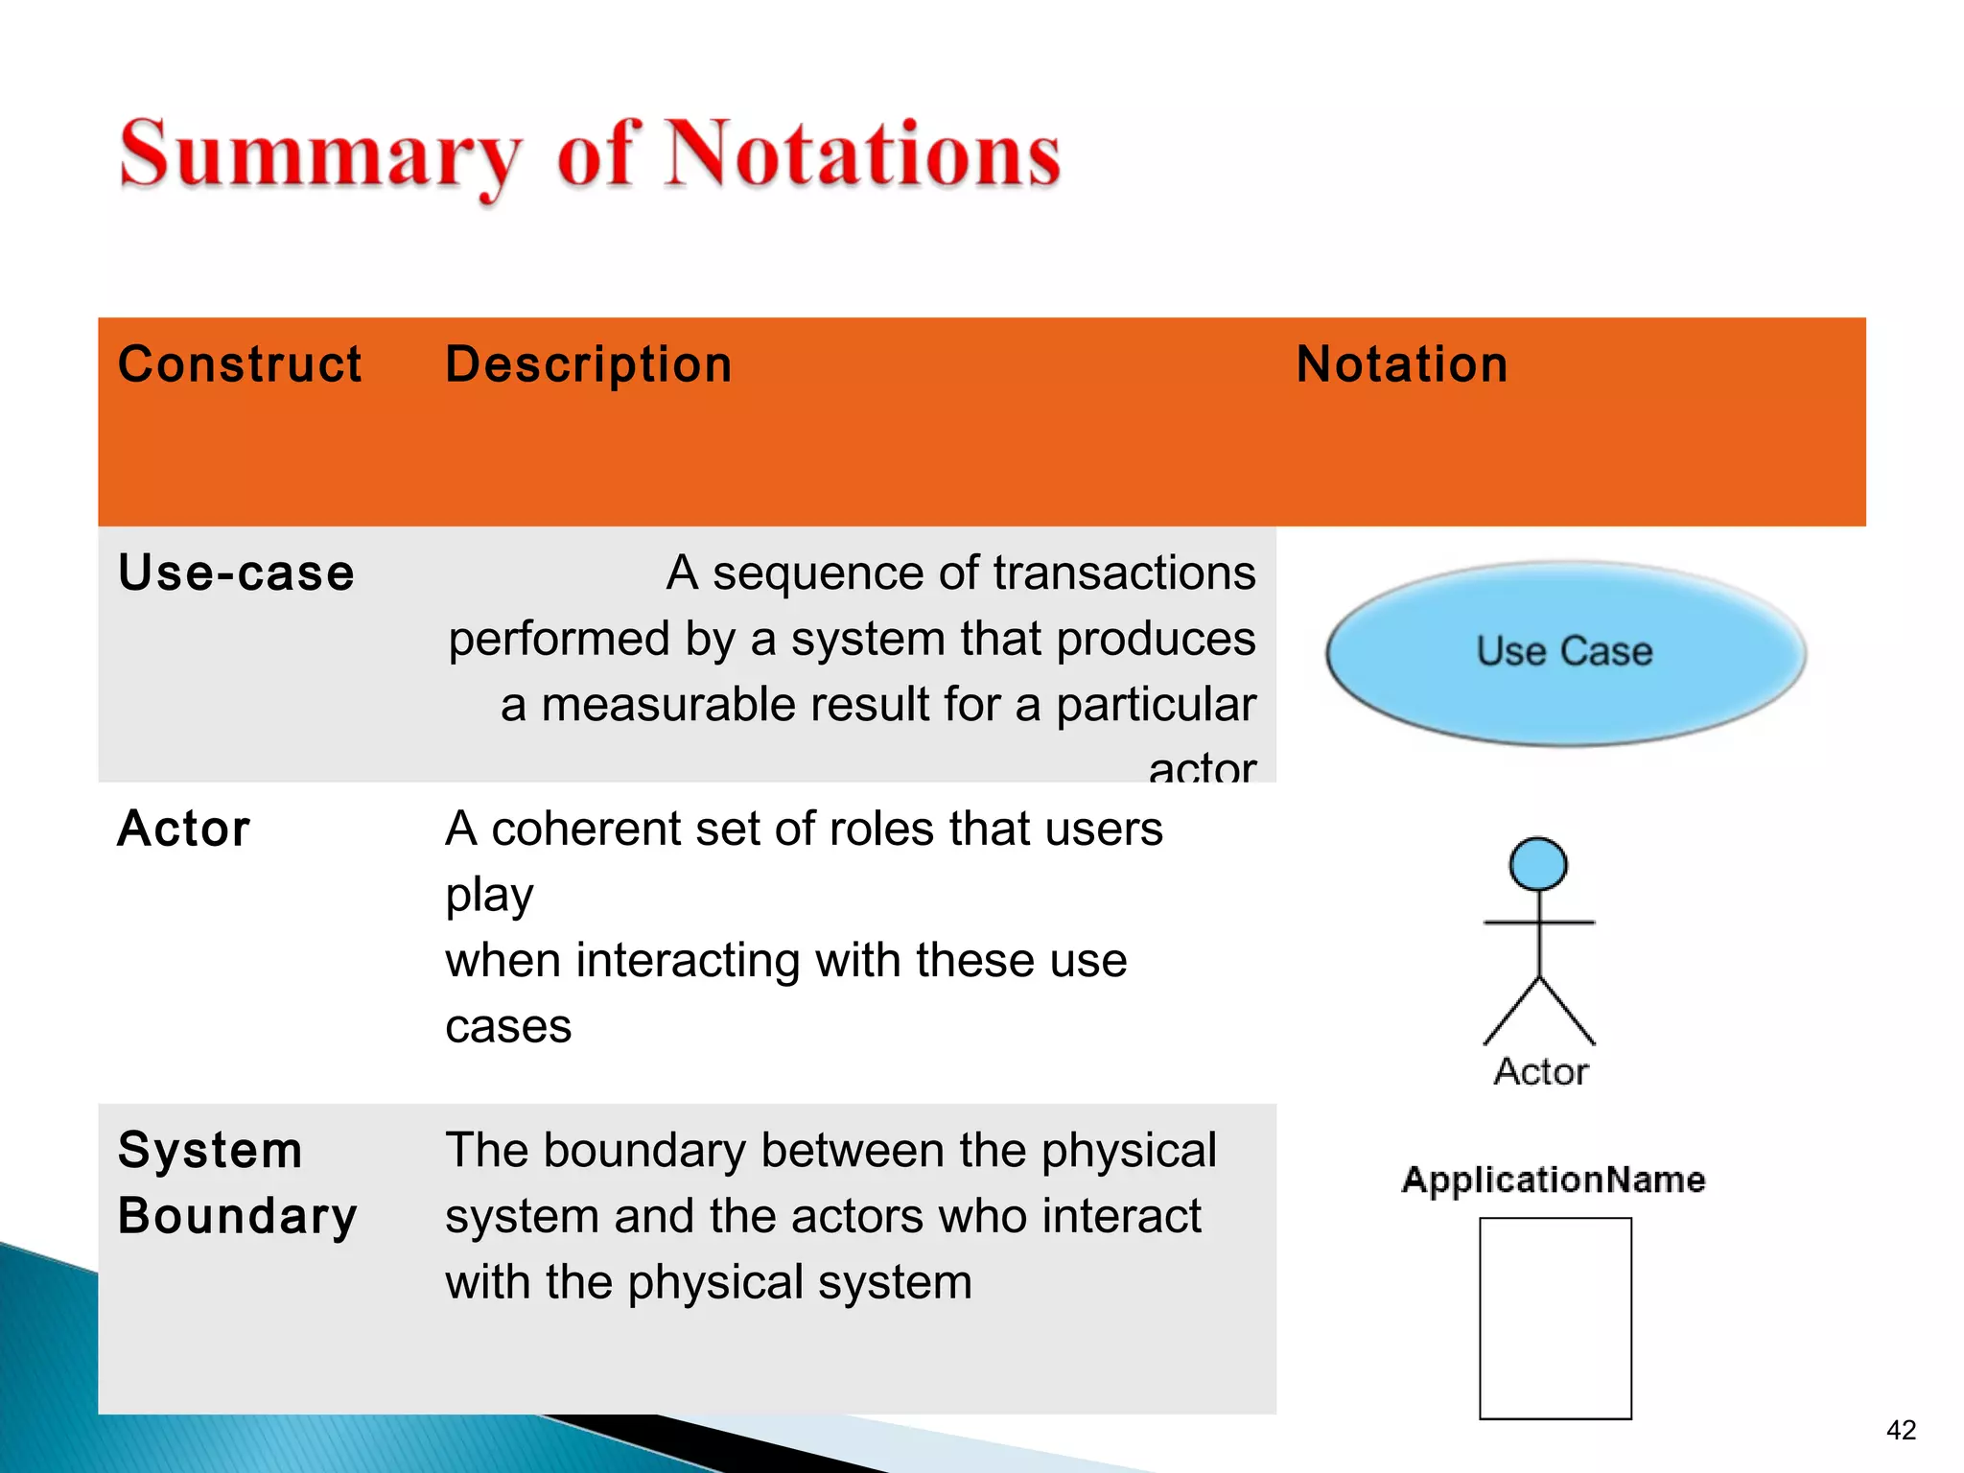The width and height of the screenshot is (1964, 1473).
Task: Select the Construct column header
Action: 240,364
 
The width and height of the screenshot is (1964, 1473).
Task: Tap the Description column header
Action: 589,364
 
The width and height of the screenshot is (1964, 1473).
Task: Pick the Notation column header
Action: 1402,364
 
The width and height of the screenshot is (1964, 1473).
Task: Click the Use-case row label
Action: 236,573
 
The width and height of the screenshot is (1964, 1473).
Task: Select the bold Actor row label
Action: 184,829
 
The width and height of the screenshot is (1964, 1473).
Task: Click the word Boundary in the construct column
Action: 237,1216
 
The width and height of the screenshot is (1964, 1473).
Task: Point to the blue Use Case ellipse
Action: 1565,652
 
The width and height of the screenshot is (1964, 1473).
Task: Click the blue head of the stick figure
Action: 1538,863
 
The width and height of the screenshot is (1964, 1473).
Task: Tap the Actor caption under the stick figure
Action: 1540,1071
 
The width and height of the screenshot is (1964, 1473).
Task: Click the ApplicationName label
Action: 1554,1180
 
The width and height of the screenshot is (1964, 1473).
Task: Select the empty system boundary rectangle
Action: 1555,1318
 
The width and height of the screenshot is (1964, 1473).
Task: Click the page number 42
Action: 1901,1430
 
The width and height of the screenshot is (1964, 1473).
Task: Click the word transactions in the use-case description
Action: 1124,573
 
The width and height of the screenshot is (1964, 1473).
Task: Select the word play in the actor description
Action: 489,895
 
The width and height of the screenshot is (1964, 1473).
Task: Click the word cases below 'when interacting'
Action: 508,1027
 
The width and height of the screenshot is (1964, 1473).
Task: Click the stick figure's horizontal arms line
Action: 1538,923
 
